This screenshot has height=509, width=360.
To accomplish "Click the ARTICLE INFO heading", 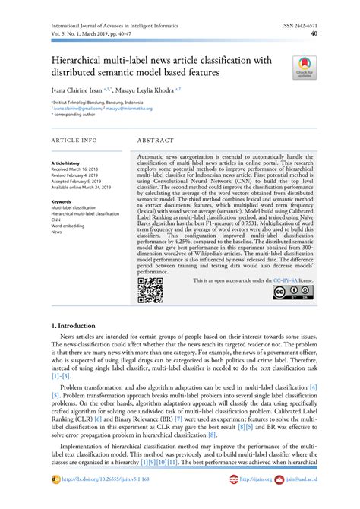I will tap(74, 141).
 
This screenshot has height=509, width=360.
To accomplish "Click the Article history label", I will tap(65, 163).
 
